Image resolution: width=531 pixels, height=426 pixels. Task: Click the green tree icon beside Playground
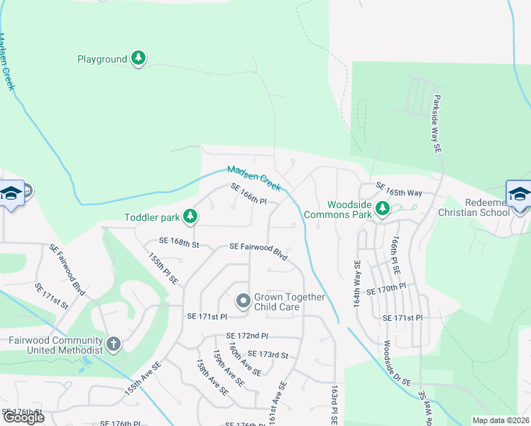coord(139,59)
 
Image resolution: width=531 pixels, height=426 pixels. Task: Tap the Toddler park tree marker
coord(190,216)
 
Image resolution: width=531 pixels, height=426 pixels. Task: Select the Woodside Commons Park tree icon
coord(383,208)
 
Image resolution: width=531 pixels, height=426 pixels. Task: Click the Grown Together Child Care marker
coord(243,302)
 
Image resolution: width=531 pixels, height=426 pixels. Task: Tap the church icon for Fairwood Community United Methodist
coord(113,345)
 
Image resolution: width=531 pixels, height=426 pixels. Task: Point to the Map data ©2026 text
coord(500,420)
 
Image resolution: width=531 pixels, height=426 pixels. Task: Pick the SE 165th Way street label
coord(399,188)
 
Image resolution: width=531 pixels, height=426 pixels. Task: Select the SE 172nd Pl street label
coord(247,335)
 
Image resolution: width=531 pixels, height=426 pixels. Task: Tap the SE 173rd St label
coord(268,354)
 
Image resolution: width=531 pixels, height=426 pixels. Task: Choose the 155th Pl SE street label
coord(163,270)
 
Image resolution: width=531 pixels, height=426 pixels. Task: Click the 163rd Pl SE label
coord(332,406)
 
